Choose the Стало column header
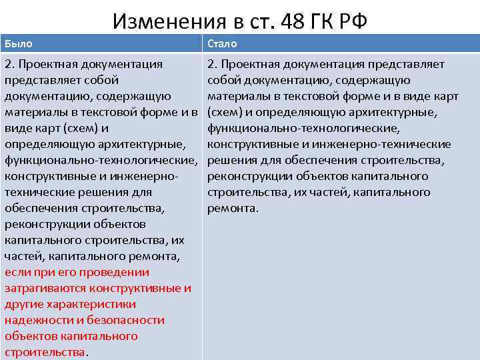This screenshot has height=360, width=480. tap(222, 43)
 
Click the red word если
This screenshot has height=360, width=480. tap(18, 273)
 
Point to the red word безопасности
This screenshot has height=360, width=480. tap(125, 321)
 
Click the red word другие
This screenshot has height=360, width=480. tap(24, 305)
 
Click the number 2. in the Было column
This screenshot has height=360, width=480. tap(10, 64)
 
